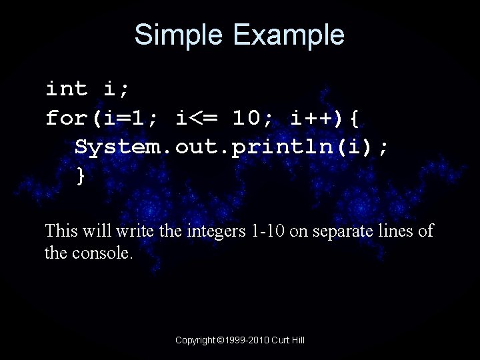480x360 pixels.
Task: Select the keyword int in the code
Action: click(x=67, y=89)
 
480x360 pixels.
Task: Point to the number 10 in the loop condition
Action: click(x=247, y=119)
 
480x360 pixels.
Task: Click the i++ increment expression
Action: click(x=313, y=119)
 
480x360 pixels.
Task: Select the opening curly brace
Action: click(x=355, y=119)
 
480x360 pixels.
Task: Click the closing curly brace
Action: click(x=81, y=177)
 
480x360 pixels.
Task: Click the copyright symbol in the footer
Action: click(x=221, y=340)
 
